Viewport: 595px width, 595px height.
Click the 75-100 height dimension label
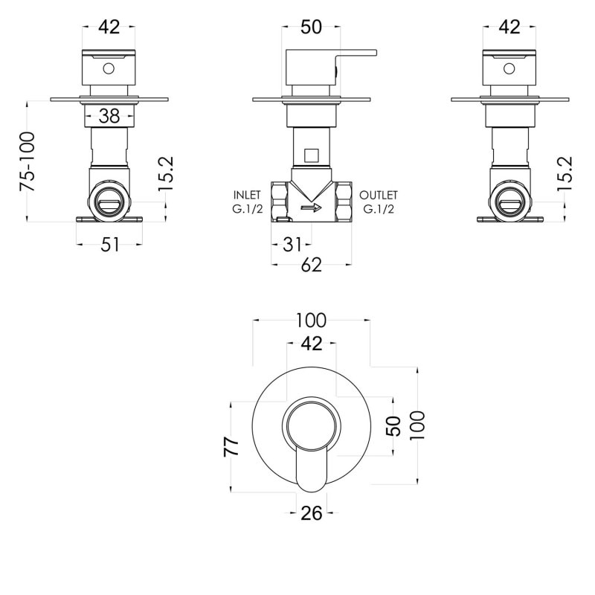point(28,161)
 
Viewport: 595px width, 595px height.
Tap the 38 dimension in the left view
point(109,116)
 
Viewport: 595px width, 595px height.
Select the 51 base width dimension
point(109,245)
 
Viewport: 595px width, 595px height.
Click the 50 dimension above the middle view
point(311,27)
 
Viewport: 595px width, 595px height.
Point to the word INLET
point(247,195)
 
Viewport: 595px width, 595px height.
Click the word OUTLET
point(379,195)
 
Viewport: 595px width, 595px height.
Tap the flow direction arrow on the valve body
point(311,208)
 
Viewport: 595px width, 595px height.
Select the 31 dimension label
point(292,245)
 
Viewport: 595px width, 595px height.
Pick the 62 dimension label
point(311,265)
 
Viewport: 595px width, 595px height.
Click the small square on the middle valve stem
point(311,155)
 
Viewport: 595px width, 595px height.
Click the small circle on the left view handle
point(109,68)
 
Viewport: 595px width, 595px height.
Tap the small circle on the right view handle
point(509,68)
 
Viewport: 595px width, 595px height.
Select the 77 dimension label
point(231,447)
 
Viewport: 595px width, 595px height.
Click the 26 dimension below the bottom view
point(311,513)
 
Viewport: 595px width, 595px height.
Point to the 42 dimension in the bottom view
point(312,344)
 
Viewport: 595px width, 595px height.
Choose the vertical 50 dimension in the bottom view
point(393,426)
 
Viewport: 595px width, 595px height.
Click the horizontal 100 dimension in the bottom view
point(311,321)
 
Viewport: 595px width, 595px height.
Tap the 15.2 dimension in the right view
point(565,174)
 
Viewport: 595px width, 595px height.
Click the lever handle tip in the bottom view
point(311,490)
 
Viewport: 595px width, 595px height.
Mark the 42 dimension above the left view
point(109,27)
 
